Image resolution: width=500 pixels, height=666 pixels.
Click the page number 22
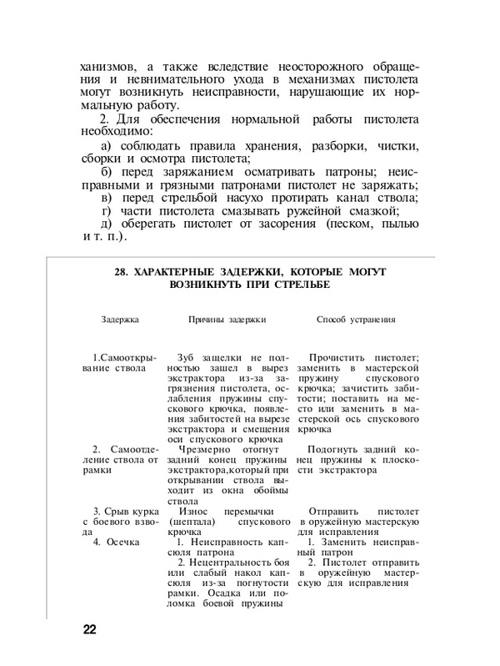tap(89, 628)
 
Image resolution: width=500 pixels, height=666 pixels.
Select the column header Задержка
tap(120, 319)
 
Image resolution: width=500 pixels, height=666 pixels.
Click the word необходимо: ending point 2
tap(116, 131)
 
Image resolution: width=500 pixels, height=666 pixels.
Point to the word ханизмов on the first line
tap(107, 66)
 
